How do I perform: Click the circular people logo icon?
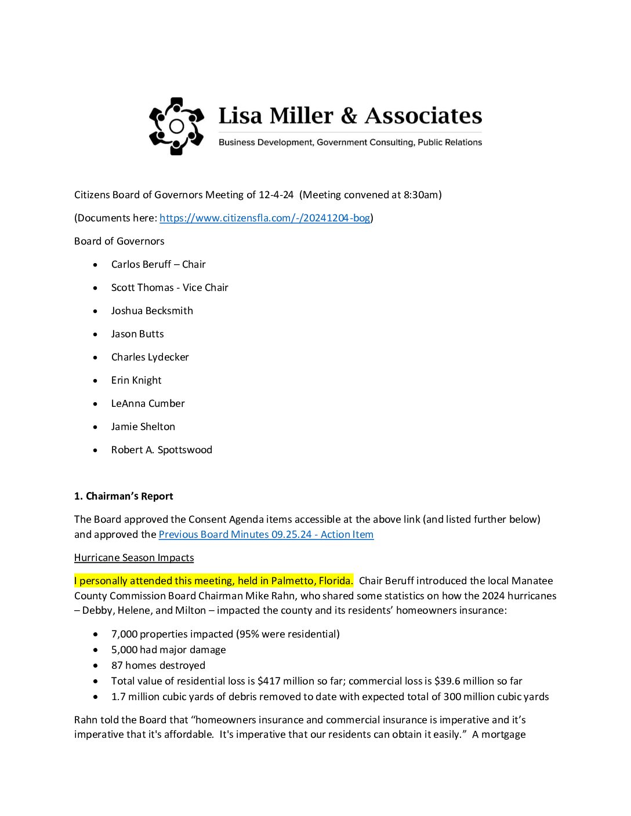coord(176,126)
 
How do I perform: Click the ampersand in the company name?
coord(349,116)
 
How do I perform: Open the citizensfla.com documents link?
coord(264,218)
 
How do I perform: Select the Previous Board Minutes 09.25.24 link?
coord(266,534)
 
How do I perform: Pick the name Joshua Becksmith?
coord(152,311)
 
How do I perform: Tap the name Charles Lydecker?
coord(150,357)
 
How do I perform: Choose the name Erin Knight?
coord(136,380)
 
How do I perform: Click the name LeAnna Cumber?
coord(148,403)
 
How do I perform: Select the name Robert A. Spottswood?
coord(162,450)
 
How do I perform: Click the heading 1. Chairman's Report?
coord(124,496)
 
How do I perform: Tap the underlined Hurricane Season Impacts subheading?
coord(134,558)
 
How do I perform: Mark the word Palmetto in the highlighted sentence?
coord(293,581)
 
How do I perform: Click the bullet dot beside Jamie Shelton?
coord(96,427)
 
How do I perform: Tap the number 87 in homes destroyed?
coord(117,665)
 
